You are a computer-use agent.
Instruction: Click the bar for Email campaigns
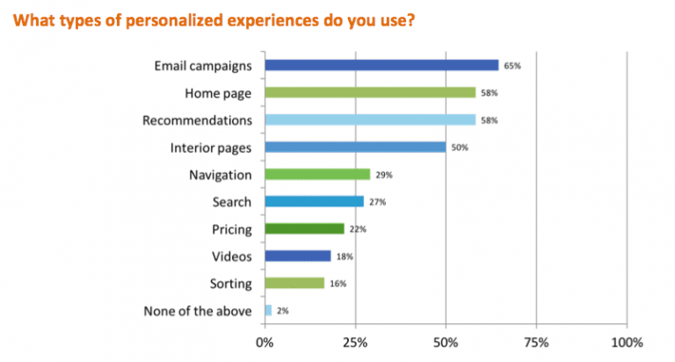[381, 65]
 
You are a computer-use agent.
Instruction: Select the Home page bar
[369, 92]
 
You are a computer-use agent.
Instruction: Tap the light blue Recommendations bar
[369, 119]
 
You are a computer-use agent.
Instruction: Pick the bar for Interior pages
[355, 147]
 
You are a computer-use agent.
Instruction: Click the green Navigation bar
[317, 174]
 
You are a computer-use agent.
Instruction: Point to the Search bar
[314, 201]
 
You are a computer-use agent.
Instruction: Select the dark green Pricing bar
[304, 228]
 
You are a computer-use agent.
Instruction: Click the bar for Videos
[298, 256]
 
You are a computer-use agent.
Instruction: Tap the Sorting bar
[294, 283]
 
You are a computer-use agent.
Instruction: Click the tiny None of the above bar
[268, 310]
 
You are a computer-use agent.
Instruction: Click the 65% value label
[512, 66]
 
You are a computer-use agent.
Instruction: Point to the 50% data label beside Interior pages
[459, 148]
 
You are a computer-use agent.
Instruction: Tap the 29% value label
[383, 175]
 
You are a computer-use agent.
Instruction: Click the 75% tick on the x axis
[536, 341]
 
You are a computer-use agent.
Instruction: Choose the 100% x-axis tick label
[627, 341]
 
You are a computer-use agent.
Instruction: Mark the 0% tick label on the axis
[264, 341]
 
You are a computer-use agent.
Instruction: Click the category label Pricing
[233, 228]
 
